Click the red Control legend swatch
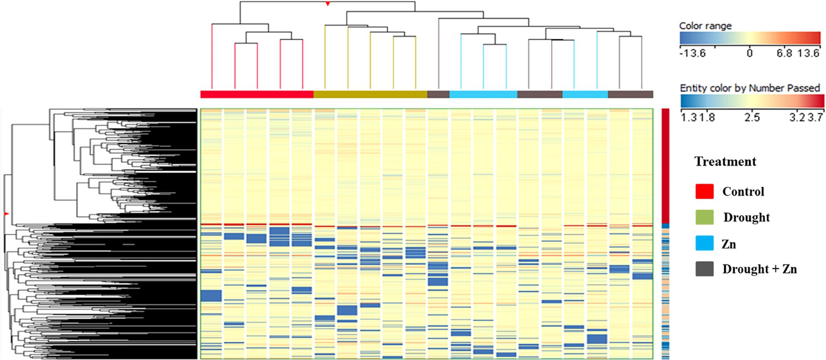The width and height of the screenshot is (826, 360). point(704,191)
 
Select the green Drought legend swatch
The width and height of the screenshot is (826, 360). point(704,217)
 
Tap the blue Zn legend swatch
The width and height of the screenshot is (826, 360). point(704,243)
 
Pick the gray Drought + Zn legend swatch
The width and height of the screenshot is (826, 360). point(704,269)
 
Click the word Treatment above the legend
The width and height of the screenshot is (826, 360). point(725,162)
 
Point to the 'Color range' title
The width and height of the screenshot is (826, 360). point(705,26)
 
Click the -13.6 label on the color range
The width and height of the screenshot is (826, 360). point(693,54)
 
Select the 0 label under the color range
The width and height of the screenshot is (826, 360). point(750,54)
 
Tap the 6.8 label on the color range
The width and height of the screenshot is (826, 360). point(784,54)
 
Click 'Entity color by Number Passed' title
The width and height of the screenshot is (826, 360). point(750,88)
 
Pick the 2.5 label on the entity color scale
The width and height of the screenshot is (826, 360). point(752,118)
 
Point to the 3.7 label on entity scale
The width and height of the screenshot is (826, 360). point(816,118)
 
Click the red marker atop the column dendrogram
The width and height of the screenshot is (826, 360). point(327,4)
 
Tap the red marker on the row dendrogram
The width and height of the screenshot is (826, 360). point(6,214)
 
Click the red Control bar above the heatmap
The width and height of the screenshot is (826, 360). point(257,94)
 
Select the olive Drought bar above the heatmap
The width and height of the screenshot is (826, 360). point(370,94)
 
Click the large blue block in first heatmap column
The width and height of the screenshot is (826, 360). point(211,296)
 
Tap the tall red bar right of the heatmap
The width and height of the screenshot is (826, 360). point(665,166)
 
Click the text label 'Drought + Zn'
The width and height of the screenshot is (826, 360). point(759,269)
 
